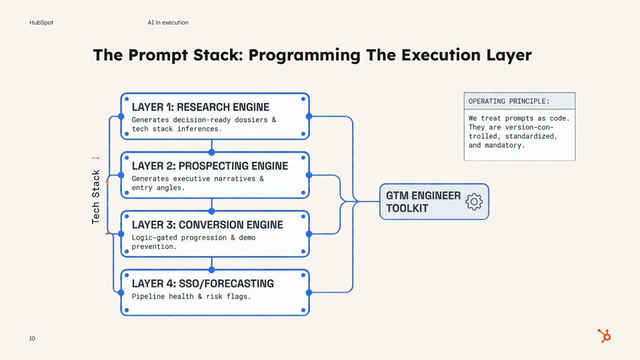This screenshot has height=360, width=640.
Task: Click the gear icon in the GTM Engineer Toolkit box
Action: (x=474, y=202)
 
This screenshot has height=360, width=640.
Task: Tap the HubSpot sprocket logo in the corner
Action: (x=604, y=336)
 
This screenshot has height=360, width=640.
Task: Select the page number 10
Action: (x=32, y=339)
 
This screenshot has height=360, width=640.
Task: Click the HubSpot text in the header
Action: (x=41, y=23)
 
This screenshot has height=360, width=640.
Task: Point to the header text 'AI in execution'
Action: (x=168, y=23)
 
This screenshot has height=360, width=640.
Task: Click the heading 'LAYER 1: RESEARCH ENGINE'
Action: (x=200, y=107)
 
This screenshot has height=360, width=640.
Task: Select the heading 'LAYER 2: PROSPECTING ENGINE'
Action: (x=210, y=166)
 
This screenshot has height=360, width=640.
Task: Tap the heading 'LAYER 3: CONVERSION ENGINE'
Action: (x=207, y=225)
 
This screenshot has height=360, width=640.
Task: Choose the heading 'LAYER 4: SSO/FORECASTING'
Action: (x=203, y=284)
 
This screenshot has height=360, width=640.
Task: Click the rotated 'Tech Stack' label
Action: (x=96, y=197)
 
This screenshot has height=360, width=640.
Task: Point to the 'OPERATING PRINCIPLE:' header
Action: (x=509, y=101)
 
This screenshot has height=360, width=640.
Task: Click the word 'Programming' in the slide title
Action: (x=304, y=55)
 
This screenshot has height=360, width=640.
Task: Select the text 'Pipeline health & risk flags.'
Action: (x=191, y=296)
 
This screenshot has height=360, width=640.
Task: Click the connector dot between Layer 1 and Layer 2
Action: (x=212, y=152)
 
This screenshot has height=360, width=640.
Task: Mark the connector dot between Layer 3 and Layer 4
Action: (x=212, y=270)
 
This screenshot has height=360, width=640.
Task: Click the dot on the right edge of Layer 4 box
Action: (x=309, y=292)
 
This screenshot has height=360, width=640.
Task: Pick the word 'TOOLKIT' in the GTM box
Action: (x=407, y=208)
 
